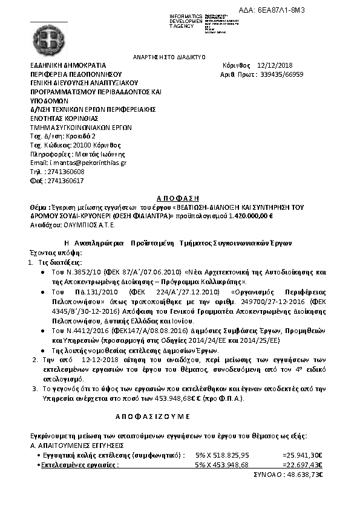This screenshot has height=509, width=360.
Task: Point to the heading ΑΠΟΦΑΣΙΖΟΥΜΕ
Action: (152, 417)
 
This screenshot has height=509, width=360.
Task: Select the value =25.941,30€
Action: (302, 455)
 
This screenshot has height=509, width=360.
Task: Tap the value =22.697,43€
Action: (302, 465)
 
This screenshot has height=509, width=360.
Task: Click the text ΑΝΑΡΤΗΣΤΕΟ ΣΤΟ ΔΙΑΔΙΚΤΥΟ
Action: (161, 56)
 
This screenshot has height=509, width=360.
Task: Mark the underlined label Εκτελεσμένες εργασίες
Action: (79, 465)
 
